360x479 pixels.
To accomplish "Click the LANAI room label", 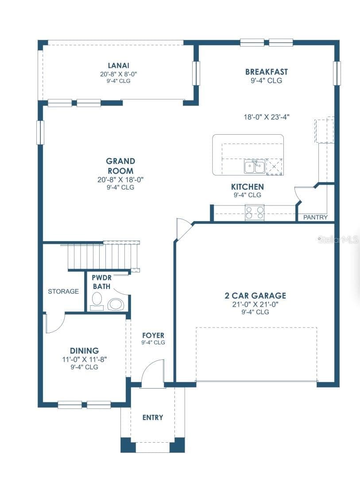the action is tap(119, 66).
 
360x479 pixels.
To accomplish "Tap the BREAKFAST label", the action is tap(267, 72).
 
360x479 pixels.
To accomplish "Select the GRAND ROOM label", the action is tap(120, 166).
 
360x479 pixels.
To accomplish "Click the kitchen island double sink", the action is tap(254, 167).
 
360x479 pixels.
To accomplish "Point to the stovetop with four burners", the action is tap(255, 212).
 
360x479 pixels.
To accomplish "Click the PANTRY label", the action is tap(315, 217).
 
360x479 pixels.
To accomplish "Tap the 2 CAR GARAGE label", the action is tap(255, 296).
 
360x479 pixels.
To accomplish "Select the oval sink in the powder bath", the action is tap(116, 304).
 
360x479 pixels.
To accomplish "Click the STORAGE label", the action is tap(63, 292).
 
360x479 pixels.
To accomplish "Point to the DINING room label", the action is tap(84, 350).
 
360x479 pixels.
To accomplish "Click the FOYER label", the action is tap(153, 335).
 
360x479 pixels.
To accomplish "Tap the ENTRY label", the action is tap(153, 417).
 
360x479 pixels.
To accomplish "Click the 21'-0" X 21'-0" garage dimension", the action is tap(255, 304).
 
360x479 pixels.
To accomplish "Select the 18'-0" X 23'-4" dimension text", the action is tap(267, 117).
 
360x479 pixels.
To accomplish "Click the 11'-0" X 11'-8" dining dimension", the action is tap(84, 359).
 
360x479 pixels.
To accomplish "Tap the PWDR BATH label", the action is tap(102, 282).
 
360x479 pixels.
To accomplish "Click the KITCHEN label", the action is tap(248, 187).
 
